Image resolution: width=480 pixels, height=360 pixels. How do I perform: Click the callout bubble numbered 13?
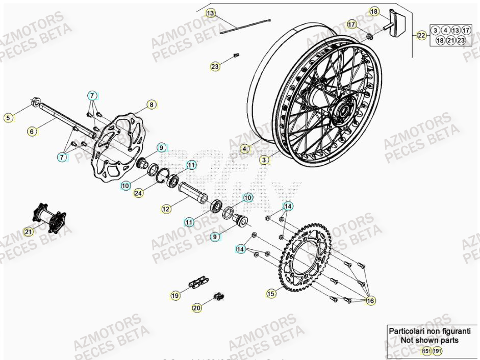pyautogui.click(x=211, y=13)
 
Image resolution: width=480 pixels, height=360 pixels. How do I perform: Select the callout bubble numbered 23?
pyautogui.click(x=215, y=66)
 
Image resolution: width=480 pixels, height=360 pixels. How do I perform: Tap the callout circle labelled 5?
pyautogui.click(x=8, y=118)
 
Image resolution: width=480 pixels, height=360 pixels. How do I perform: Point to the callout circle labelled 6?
pyautogui.click(x=32, y=132)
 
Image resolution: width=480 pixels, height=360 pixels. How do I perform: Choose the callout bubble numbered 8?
pyautogui.click(x=151, y=105)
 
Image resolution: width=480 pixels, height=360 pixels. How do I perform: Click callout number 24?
pyautogui.click(x=138, y=193)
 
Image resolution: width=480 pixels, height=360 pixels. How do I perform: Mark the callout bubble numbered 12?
pyautogui.click(x=165, y=209)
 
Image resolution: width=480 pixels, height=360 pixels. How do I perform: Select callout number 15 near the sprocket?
pyautogui.click(x=271, y=293)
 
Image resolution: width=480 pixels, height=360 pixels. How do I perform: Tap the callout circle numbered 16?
pyautogui.click(x=370, y=301)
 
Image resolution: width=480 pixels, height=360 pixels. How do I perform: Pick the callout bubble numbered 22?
pyautogui.click(x=421, y=35)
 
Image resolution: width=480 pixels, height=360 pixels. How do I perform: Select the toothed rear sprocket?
pyautogui.click(x=306, y=258)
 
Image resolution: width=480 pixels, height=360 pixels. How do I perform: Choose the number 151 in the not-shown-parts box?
pyautogui.click(x=426, y=351)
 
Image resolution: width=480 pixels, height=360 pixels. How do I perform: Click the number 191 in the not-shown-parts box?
pyautogui.click(x=438, y=351)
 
